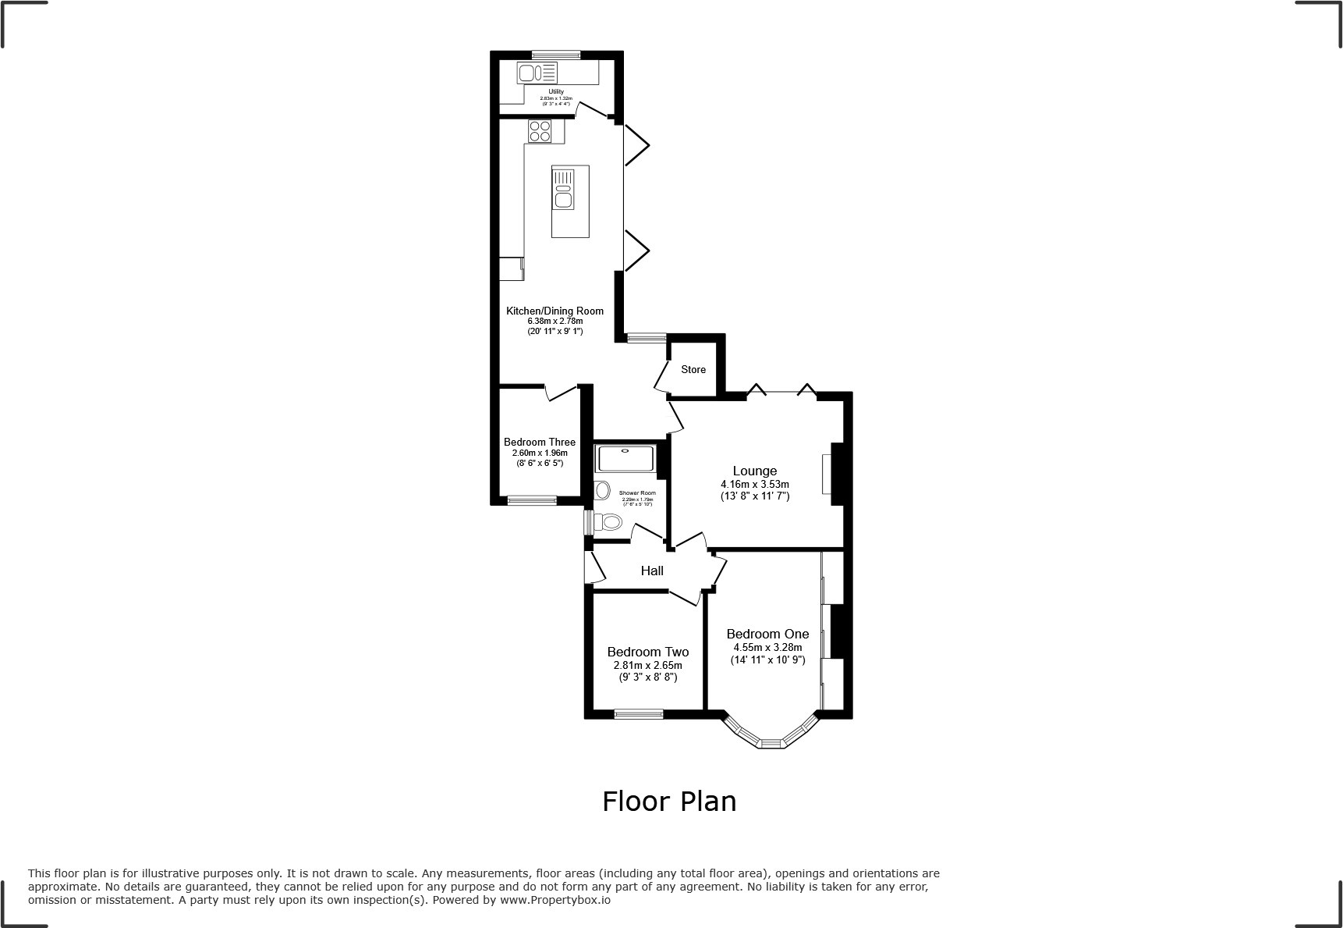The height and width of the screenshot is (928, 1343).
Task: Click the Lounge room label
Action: tap(754, 471)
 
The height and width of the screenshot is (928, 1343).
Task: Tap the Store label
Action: tap(693, 369)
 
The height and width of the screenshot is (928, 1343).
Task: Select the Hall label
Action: tap(652, 571)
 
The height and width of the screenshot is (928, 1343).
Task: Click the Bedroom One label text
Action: tap(767, 634)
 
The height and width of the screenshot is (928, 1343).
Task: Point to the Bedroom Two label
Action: tap(647, 652)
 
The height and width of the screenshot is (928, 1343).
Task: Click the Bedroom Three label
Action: tap(539, 442)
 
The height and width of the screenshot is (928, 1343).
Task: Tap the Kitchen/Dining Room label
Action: tap(555, 311)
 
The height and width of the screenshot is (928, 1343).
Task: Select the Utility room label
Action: tap(555, 92)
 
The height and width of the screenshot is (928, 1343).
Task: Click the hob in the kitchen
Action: tap(539, 131)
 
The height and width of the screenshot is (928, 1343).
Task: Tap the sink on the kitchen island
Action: tap(563, 198)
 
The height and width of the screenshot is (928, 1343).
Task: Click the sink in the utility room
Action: tap(528, 73)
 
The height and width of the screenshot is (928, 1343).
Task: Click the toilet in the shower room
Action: tap(608, 522)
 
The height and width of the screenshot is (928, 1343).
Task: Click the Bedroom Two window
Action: tap(638, 713)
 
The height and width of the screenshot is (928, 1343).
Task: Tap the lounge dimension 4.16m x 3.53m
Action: tap(754, 484)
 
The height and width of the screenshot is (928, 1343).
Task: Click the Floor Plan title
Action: tap(669, 802)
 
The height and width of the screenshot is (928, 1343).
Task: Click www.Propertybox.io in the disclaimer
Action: tap(555, 900)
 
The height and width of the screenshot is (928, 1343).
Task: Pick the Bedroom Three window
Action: tap(532, 500)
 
